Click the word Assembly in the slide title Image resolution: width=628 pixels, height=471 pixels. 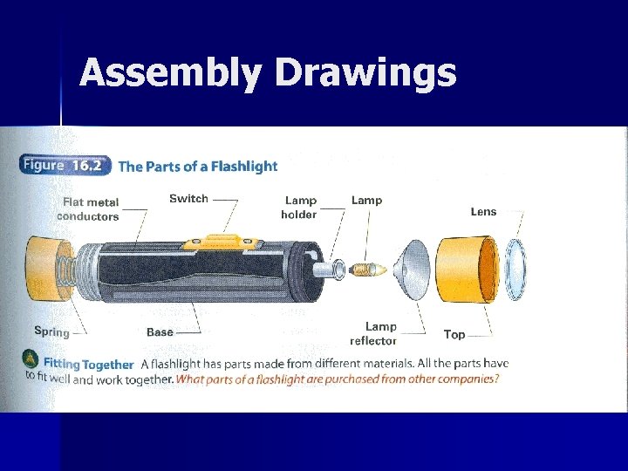pyautogui.click(x=171, y=73)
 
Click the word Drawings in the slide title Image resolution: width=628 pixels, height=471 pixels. pyautogui.click(x=365, y=73)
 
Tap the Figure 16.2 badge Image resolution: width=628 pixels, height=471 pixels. pyautogui.click(x=64, y=166)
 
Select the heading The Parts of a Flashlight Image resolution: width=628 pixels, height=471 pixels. pyautogui.click(x=198, y=167)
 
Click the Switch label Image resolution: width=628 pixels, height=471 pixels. pyautogui.click(x=188, y=199)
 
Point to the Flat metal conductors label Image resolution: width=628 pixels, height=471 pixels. pyautogui.click(x=88, y=209)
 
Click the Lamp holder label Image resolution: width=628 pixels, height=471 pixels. pyautogui.click(x=299, y=208)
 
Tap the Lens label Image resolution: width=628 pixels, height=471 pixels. pyautogui.click(x=483, y=211)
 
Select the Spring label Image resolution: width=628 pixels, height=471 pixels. pyautogui.click(x=51, y=332)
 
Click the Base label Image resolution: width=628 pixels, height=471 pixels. pyautogui.click(x=160, y=332)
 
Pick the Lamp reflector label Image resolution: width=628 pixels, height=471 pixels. pyautogui.click(x=373, y=333)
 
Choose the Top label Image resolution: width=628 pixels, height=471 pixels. pyautogui.click(x=454, y=334)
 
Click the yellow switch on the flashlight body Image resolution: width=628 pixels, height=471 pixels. pyautogui.click(x=221, y=242)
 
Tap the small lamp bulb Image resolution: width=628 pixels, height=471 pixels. pyautogui.click(x=367, y=270)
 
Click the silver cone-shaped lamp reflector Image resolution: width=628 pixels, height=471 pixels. pyautogui.click(x=412, y=270)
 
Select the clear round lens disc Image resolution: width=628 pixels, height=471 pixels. pyautogui.click(x=515, y=269)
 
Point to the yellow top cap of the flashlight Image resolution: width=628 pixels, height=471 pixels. pyautogui.click(x=468, y=270)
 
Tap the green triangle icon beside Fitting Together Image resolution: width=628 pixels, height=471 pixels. pyautogui.click(x=31, y=358)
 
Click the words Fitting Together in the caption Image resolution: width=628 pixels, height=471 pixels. pyautogui.click(x=88, y=365)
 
